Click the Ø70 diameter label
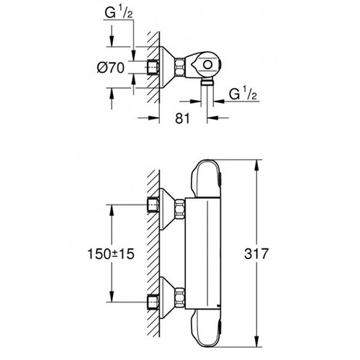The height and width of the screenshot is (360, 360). [111, 68]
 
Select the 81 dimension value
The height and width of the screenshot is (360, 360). [182, 118]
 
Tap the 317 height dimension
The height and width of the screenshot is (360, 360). [256, 253]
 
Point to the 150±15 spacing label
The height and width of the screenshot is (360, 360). [111, 254]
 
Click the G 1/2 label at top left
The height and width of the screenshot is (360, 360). [119, 12]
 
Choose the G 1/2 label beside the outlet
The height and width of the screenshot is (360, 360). [243, 94]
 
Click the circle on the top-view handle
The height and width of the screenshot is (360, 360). [207, 65]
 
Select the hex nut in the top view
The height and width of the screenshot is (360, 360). [180, 68]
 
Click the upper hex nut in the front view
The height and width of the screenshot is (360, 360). [180, 209]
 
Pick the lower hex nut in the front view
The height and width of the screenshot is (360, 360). [180, 297]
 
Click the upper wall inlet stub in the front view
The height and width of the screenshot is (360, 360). [153, 204]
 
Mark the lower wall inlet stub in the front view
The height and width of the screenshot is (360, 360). [153, 302]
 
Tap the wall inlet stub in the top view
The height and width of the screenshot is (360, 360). [153, 67]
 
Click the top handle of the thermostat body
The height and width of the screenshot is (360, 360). [207, 179]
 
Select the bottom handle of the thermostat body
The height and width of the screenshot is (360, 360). [207, 328]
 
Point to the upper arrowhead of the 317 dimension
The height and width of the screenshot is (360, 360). [257, 165]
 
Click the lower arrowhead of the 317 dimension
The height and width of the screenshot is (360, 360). [257, 341]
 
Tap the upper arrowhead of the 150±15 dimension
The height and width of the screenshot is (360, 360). [112, 210]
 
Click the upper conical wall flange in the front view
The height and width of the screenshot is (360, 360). [167, 209]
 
